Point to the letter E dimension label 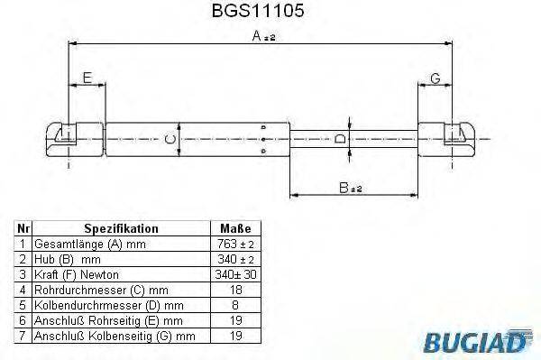[87, 78]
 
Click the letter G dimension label [435, 78]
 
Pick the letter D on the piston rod [339, 138]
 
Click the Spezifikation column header [121, 229]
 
